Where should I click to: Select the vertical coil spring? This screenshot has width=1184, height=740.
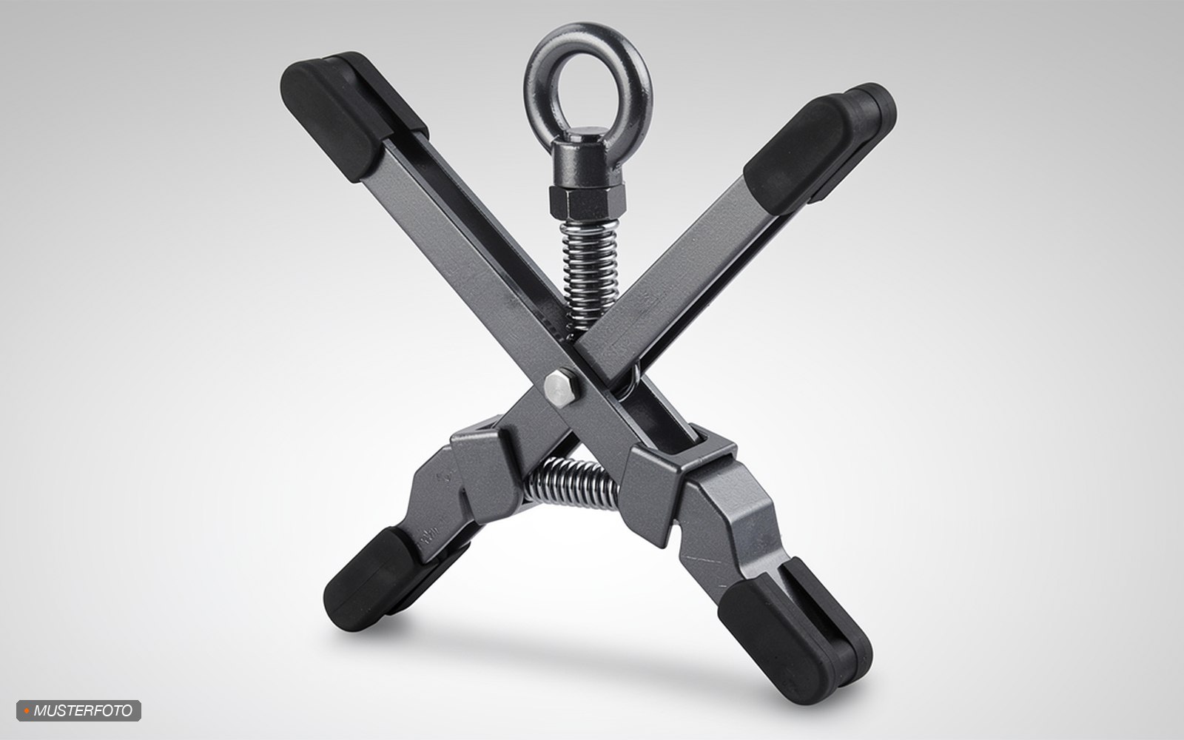point(589,275)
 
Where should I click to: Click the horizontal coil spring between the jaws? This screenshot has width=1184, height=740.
point(571,484)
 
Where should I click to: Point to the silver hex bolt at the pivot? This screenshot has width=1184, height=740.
point(561,388)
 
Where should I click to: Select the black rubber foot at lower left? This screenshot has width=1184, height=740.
point(383,579)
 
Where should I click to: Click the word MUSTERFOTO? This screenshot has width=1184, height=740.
point(83,711)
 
